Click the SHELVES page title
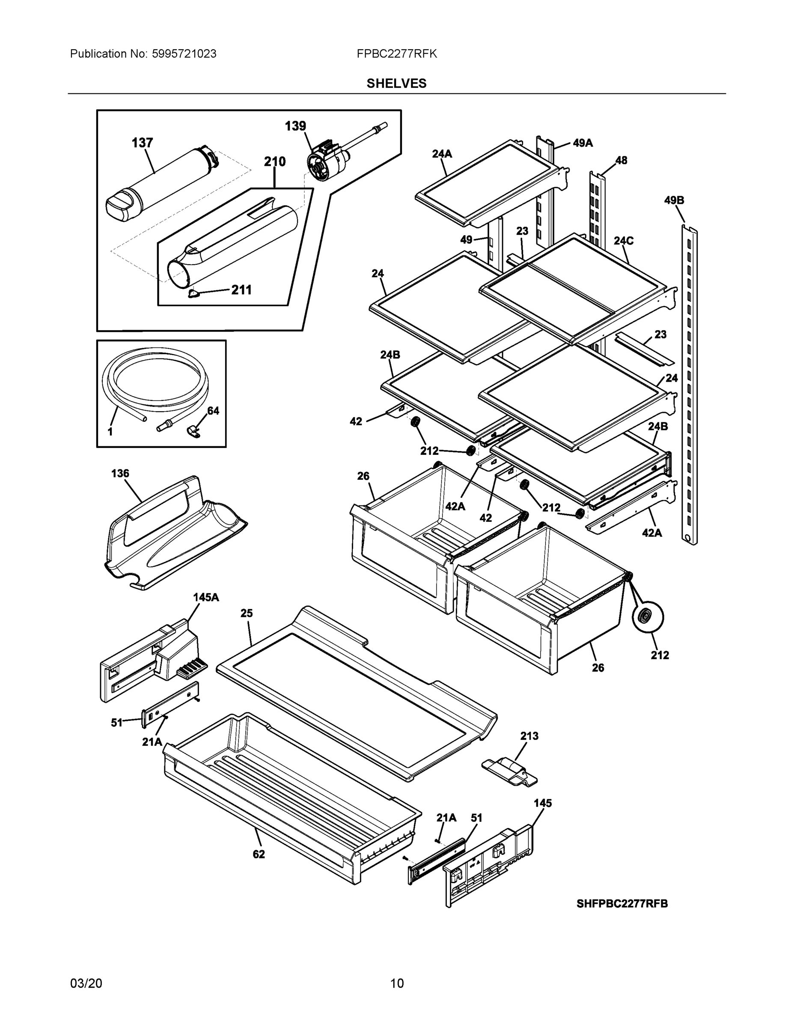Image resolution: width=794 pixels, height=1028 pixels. (x=396, y=84)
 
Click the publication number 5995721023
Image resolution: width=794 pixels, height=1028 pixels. (x=184, y=54)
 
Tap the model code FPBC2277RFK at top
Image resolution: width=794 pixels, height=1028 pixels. (x=396, y=54)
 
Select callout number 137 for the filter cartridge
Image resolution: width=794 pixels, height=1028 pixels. (x=142, y=143)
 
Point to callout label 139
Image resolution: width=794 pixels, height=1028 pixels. (x=295, y=126)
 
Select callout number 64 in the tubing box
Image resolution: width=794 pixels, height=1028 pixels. (x=213, y=410)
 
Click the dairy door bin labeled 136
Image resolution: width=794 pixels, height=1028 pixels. (x=174, y=534)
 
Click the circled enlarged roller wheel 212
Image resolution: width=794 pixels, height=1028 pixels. (x=648, y=618)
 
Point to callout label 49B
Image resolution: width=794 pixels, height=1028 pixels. (x=674, y=200)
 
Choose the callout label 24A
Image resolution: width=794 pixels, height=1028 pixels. (x=442, y=153)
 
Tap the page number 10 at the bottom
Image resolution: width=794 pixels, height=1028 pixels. (x=396, y=983)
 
